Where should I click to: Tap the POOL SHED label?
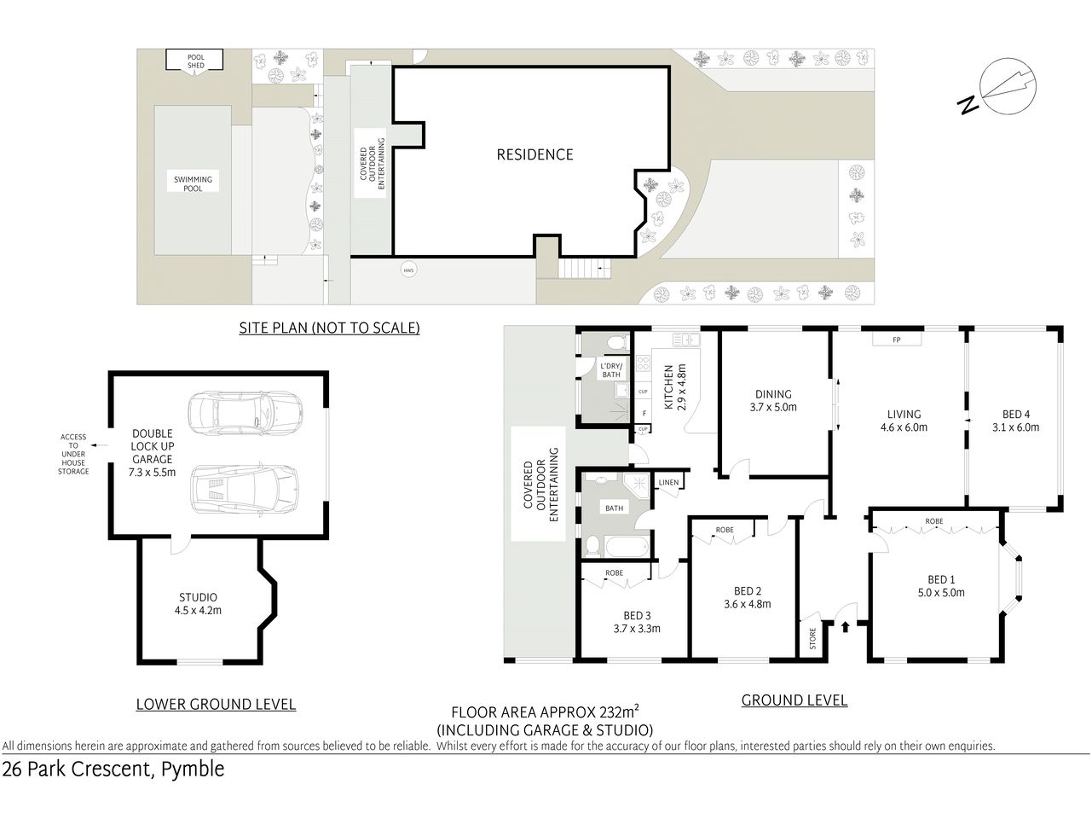coord(196,61)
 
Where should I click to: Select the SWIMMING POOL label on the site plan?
coord(194,183)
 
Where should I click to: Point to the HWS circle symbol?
coord(409,270)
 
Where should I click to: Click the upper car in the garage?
coord(242,412)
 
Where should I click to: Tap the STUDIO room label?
coord(198,597)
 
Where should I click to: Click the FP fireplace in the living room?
coord(896,340)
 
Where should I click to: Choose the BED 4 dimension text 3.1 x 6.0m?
coord(1015,427)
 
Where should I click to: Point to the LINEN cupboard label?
coord(668,483)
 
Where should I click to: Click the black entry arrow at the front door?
coord(845,628)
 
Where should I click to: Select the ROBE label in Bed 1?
coord(933,520)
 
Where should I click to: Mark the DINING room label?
coord(773,394)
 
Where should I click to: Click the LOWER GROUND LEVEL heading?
coord(216,704)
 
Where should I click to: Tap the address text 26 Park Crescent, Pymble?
coord(113,769)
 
